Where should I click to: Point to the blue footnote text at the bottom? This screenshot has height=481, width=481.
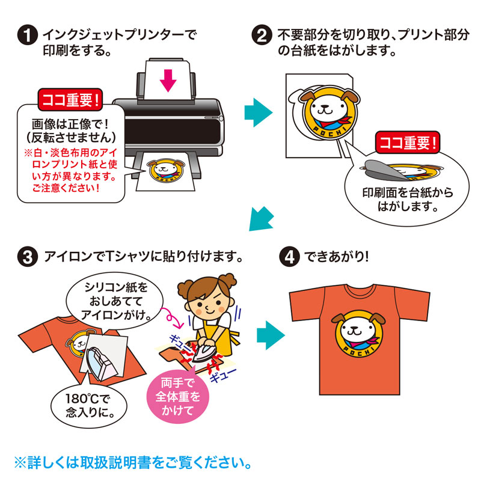[130, 463]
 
